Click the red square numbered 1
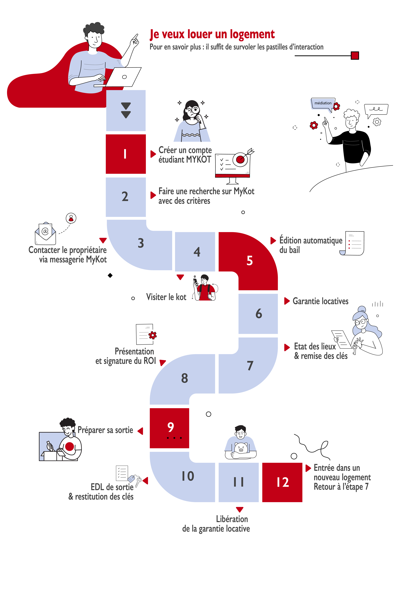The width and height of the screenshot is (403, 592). (x=126, y=154)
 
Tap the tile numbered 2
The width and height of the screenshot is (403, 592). (x=126, y=197)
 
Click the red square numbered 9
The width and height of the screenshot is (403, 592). (x=169, y=428)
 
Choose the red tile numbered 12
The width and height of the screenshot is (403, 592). (x=282, y=482)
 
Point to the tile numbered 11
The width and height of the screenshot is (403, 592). (x=239, y=482)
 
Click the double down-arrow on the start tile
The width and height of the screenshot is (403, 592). (x=126, y=110)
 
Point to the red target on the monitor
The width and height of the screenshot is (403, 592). (x=240, y=159)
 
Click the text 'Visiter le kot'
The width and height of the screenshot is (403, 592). (x=166, y=297)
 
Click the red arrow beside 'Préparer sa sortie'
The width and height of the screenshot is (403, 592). (x=140, y=431)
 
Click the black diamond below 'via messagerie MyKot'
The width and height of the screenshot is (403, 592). (x=110, y=275)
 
